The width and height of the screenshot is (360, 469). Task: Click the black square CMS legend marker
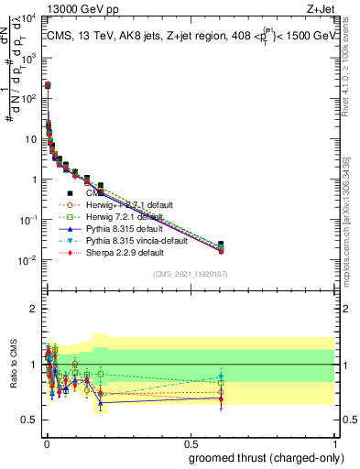click(x=70, y=192)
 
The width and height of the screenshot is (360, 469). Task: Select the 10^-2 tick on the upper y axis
click(x=27, y=260)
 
